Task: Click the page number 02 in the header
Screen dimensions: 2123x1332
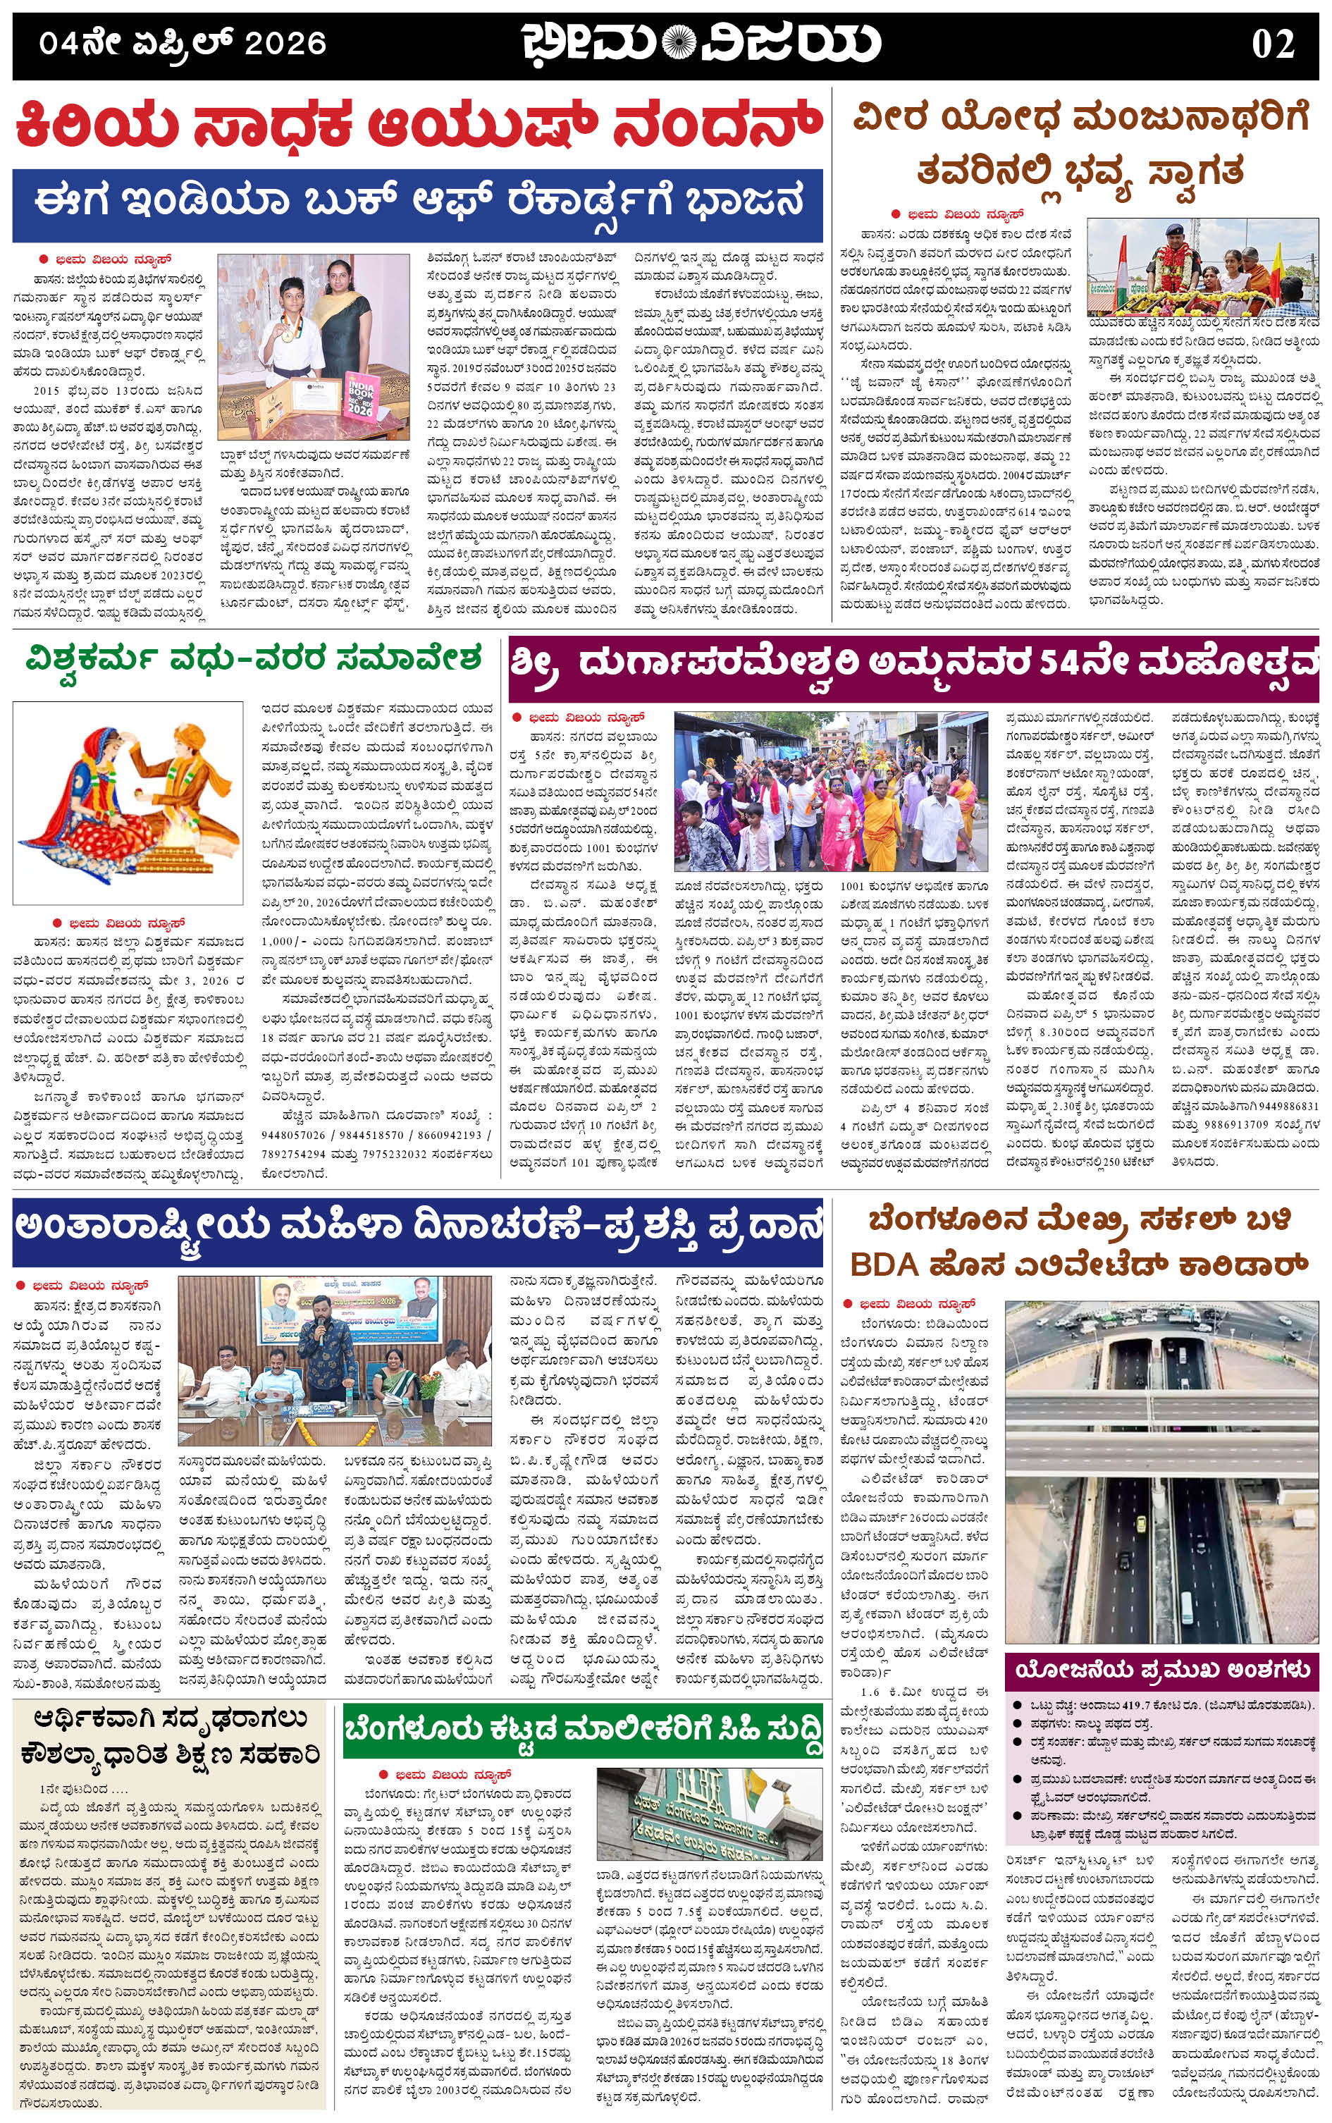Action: click(x=1272, y=43)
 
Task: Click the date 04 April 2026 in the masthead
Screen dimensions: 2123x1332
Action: click(x=183, y=43)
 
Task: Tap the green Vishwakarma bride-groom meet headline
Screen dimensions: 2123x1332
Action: click(x=254, y=658)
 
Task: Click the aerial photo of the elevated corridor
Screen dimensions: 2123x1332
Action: click(x=1161, y=1470)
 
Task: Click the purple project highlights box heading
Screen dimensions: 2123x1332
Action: click(x=1162, y=1669)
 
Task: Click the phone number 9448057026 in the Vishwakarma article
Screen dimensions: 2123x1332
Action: click(x=293, y=1135)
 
